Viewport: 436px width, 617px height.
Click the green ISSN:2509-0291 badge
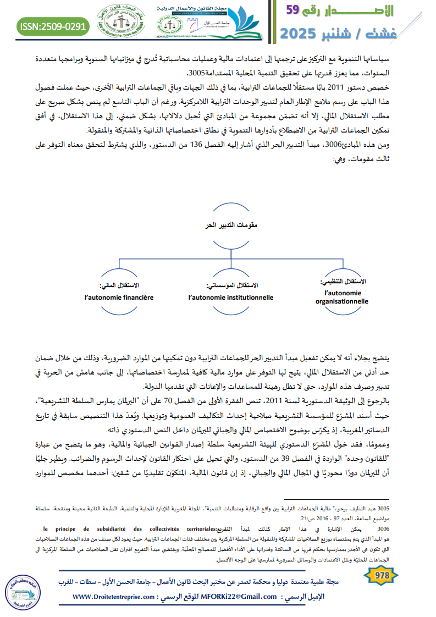53,26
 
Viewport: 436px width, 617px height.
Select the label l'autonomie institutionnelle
230,297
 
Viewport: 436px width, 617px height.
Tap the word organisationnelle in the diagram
342,301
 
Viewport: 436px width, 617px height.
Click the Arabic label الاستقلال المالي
119,286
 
